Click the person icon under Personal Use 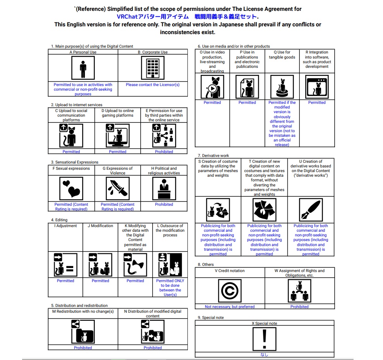pos(83,68)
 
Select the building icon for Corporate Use pos(153,68)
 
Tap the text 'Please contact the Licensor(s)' pos(153,84)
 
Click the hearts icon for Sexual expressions pos(71,188)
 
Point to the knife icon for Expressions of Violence pos(117,188)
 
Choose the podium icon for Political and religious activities pos(164,188)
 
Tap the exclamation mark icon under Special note pos(264,339)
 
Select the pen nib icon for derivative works pos(311,210)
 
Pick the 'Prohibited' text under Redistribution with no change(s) pos(83,348)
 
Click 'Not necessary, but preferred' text pos(230,307)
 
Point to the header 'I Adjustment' pos(65,226)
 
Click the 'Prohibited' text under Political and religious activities pos(164,204)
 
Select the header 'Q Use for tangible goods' pos(282,55)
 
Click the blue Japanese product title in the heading pos(187,17)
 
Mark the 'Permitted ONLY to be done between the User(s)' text pos(170,288)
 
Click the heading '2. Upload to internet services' pos(77,105)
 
